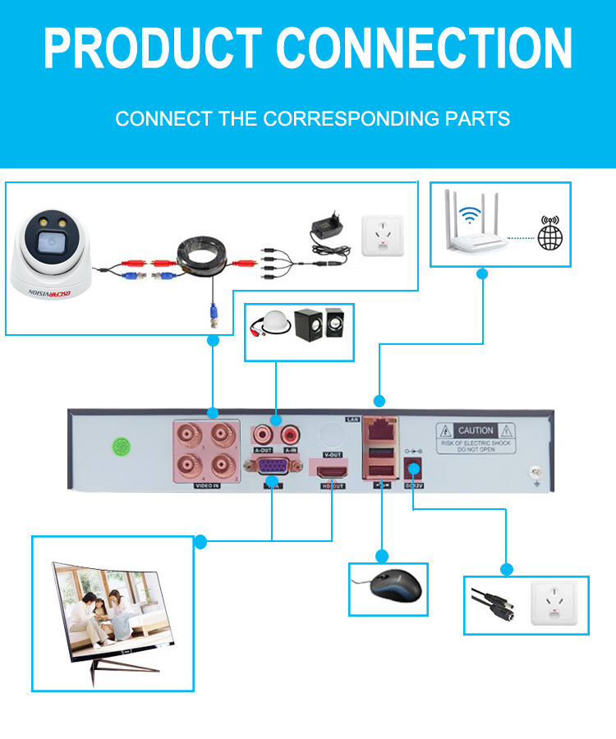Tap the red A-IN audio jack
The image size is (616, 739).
point(289,433)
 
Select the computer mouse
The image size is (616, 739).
point(394,586)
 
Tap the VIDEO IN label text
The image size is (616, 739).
point(206,485)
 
